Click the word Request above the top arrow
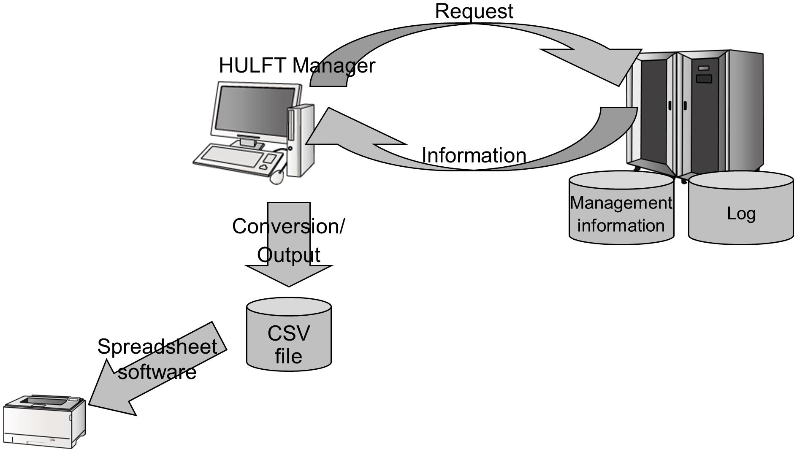pyautogui.click(x=474, y=11)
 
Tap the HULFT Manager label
pyautogui.click(x=297, y=66)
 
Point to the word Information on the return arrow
pyautogui.click(x=474, y=155)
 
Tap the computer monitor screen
pyautogui.click(x=255, y=111)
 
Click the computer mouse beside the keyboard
pyautogui.click(x=277, y=177)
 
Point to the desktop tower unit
pyautogui.click(x=301, y=141)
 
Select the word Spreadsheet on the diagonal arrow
pyautogui.click(x=157, y=347)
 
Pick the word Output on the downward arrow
pyautogui.click(x=289, y=255)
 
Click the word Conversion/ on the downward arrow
pyautogui.click(x=289, y=226)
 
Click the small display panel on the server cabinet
pyautogui.click(x=704, y=78)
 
